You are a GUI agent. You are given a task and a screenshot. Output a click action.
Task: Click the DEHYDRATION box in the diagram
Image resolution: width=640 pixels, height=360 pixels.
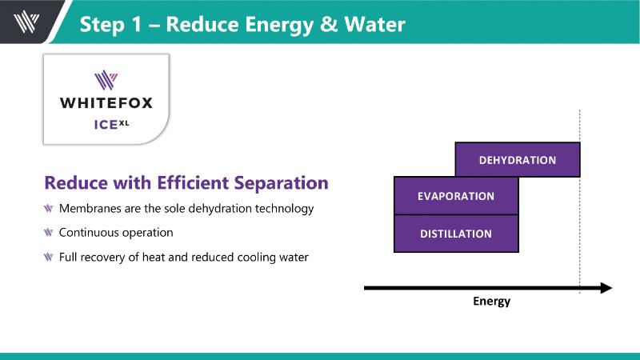click(x=518, y=159)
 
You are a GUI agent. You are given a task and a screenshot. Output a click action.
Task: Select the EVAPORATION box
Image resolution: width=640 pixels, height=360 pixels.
click(x=456, y=196)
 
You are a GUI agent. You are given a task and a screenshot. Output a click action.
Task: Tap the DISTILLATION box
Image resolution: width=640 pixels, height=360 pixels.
click(x=456, y=234)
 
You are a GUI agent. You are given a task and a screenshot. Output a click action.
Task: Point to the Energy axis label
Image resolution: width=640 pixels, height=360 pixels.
click(x=491, y=302)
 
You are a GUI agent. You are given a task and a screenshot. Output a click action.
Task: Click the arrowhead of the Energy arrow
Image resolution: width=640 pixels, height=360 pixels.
click(x=606, y=288)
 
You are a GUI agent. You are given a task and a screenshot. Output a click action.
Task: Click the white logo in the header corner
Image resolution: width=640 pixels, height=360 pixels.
click(x=26, y=22)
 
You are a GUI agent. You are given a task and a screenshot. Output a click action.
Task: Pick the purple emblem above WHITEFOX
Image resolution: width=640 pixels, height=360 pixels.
click(x=106, y=80)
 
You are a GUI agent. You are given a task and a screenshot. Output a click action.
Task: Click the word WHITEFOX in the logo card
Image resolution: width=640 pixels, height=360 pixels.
click(x=106, y=102)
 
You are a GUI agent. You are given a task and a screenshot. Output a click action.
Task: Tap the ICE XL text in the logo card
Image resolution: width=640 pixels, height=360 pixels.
click(x=111, y=124)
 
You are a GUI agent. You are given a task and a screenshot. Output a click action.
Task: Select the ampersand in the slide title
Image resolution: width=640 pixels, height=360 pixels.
click(x=329, y=24)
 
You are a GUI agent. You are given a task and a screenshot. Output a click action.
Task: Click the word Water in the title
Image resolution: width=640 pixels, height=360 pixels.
click(x=374, y=24)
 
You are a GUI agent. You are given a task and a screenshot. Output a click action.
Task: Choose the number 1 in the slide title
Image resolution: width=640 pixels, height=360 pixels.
click(x=136, y=24)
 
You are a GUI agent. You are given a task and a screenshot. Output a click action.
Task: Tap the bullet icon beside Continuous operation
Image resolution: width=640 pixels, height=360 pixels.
click(x=49, y=233)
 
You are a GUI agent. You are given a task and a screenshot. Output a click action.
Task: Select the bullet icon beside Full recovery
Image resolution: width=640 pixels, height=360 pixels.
click(x=49, y=257)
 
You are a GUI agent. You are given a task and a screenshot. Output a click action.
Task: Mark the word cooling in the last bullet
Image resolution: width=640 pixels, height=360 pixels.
click(x=256, y=258)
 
